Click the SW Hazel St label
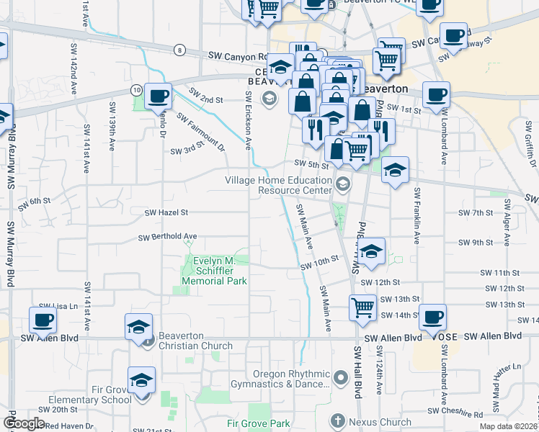[166, 213]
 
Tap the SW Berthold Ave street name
[167, 236]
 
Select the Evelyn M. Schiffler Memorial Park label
[217, 271]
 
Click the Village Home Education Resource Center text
[278, 185]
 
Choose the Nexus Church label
[380, 422]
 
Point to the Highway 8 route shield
[179, 50]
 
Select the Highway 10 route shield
[135, 89]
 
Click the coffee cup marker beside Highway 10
[158, 95]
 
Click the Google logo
[24, 423]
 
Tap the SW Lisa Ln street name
[58, 306]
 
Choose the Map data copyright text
[509, 426]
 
